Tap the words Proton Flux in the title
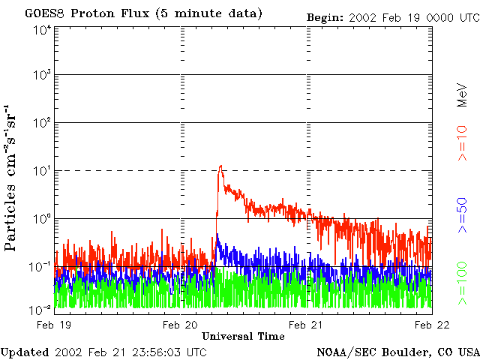click(104, 13)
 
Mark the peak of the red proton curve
click(220, 166)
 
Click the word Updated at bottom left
click(25, 352)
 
